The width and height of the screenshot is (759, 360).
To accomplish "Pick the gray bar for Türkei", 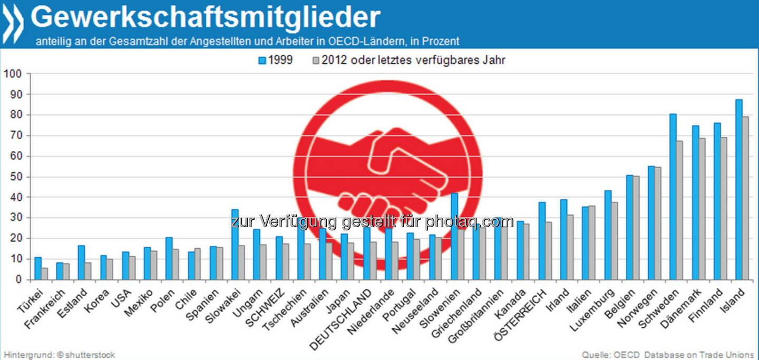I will tap(45, 274).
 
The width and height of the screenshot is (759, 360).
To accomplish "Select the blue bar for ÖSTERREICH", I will tap(542, 240).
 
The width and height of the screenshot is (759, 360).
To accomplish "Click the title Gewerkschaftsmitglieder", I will tap(206, 17).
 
